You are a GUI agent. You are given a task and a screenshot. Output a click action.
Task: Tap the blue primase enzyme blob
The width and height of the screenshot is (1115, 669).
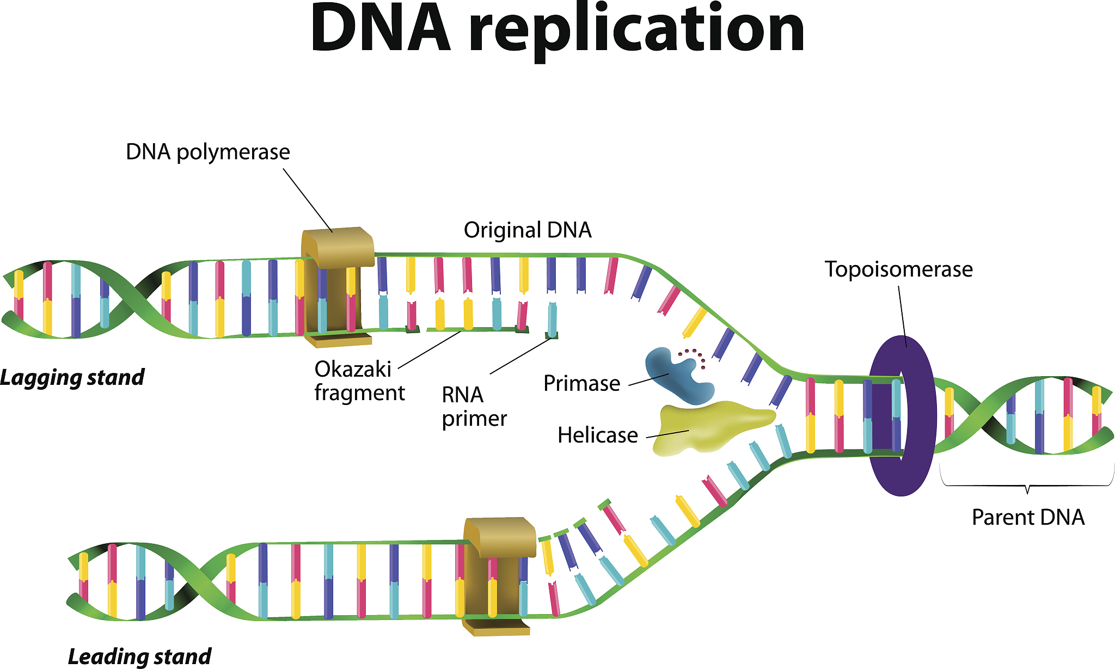(x=675, y=376)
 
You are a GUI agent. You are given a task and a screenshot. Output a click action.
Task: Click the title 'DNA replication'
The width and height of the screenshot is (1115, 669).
(x=557, y=30)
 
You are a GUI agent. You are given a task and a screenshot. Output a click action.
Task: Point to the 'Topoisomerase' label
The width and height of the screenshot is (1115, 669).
(x=898, y=269)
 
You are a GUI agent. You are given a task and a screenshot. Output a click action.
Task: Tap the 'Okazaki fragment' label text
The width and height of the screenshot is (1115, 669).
(x=359, y=381)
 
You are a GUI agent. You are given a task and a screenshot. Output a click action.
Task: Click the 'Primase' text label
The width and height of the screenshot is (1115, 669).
(x=581, y=384)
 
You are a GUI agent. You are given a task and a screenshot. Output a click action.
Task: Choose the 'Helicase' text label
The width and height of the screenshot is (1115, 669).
(x=597, y=435)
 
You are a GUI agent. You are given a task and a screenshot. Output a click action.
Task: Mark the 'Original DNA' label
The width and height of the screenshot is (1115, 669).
(x=527, y=230)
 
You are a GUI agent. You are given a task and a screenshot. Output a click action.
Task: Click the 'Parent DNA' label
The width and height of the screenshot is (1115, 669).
(x=1028, y=517)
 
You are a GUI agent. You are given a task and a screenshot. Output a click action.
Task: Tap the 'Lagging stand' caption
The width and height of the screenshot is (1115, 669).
(x=72, y=377)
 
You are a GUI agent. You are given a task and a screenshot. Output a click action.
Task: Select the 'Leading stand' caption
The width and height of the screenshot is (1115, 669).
(x=139, y=656)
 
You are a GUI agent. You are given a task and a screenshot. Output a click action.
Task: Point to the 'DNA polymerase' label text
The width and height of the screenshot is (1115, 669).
(x=207, y=152)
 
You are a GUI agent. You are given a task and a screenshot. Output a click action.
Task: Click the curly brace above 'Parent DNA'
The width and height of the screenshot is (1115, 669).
(x=1027, y=484)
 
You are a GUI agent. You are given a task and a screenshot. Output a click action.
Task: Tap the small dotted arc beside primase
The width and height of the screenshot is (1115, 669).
(x=694, y=355)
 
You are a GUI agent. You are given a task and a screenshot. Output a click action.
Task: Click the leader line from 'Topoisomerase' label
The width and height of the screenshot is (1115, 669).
(x=902, y=316)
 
